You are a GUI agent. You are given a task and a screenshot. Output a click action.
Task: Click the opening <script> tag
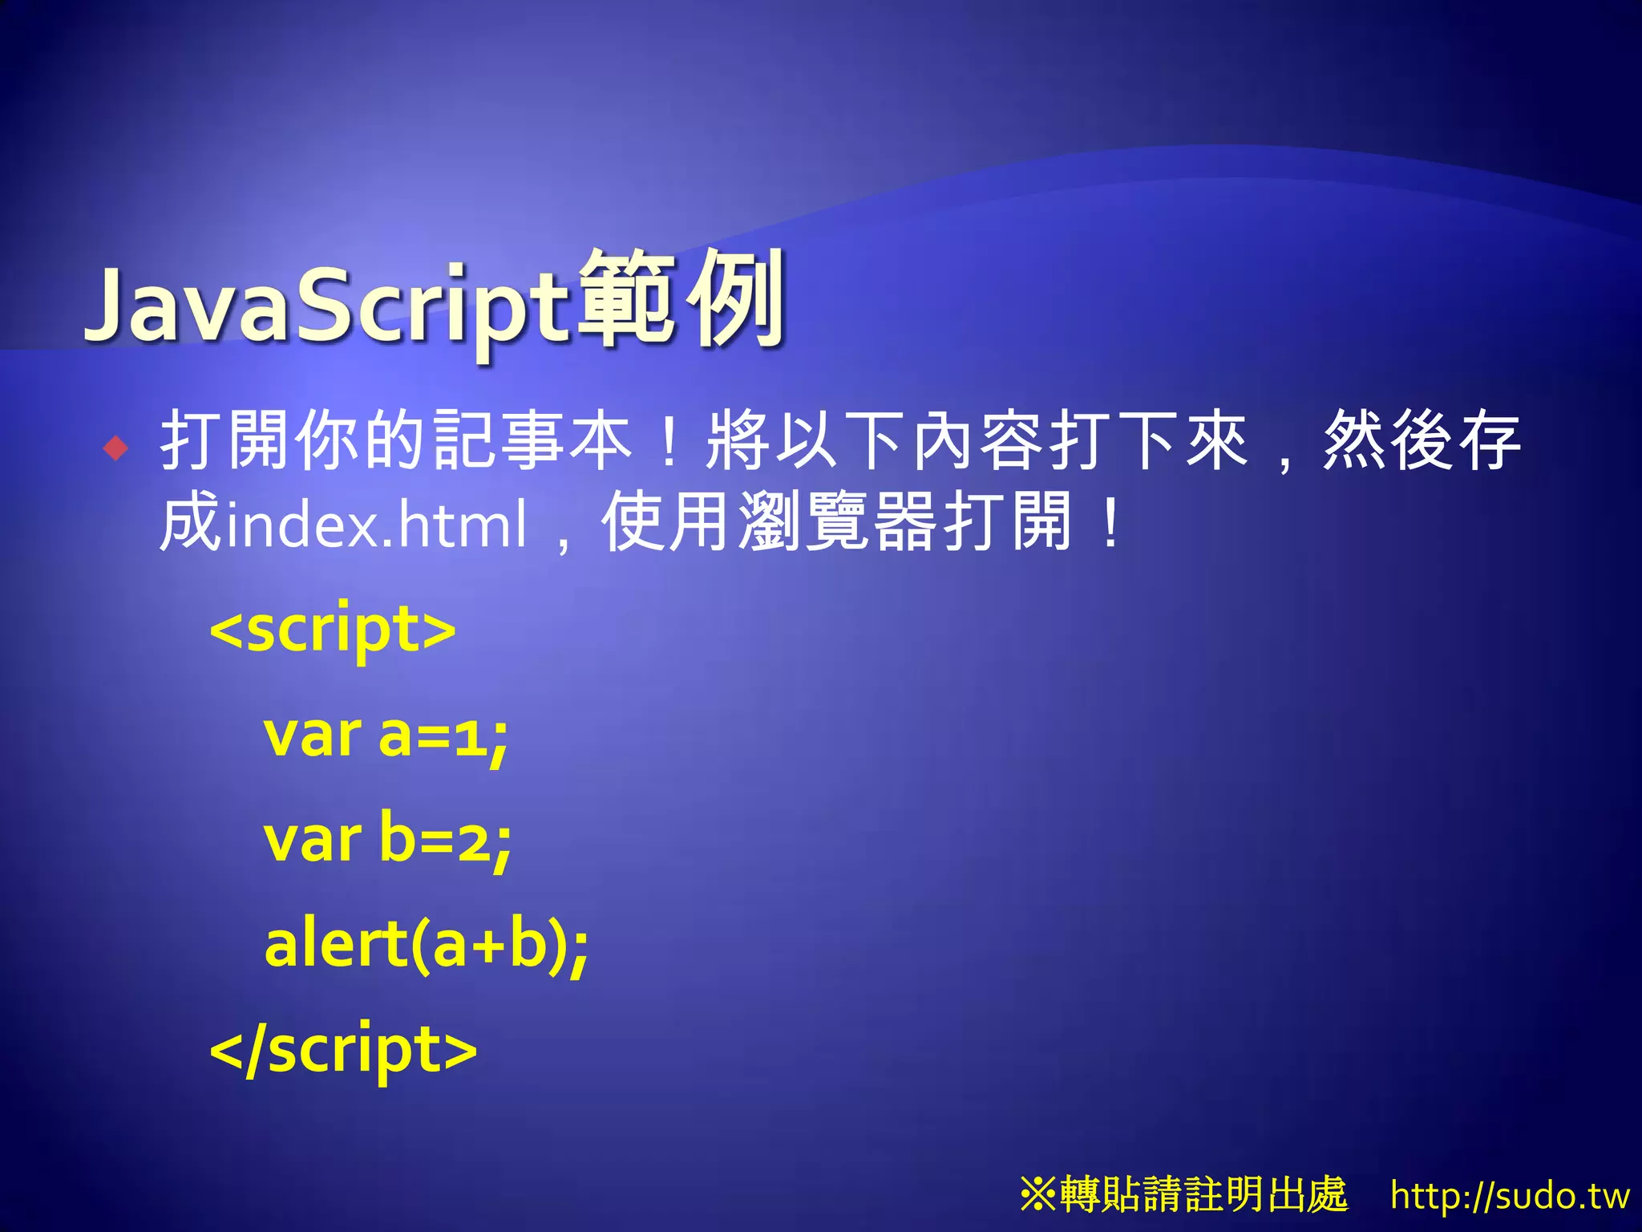332,630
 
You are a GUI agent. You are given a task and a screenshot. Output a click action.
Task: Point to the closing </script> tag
343,1050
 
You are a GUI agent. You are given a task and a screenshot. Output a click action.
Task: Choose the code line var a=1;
386,736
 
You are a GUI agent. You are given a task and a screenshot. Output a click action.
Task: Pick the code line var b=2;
387,840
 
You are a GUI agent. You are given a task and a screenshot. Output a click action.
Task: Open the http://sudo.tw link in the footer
1510,1196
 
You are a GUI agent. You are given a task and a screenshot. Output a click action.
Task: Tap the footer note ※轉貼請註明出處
1184,1194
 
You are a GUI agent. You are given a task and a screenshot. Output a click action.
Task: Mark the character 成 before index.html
190,523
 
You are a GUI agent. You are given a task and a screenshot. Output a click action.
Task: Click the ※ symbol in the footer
1038,1194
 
